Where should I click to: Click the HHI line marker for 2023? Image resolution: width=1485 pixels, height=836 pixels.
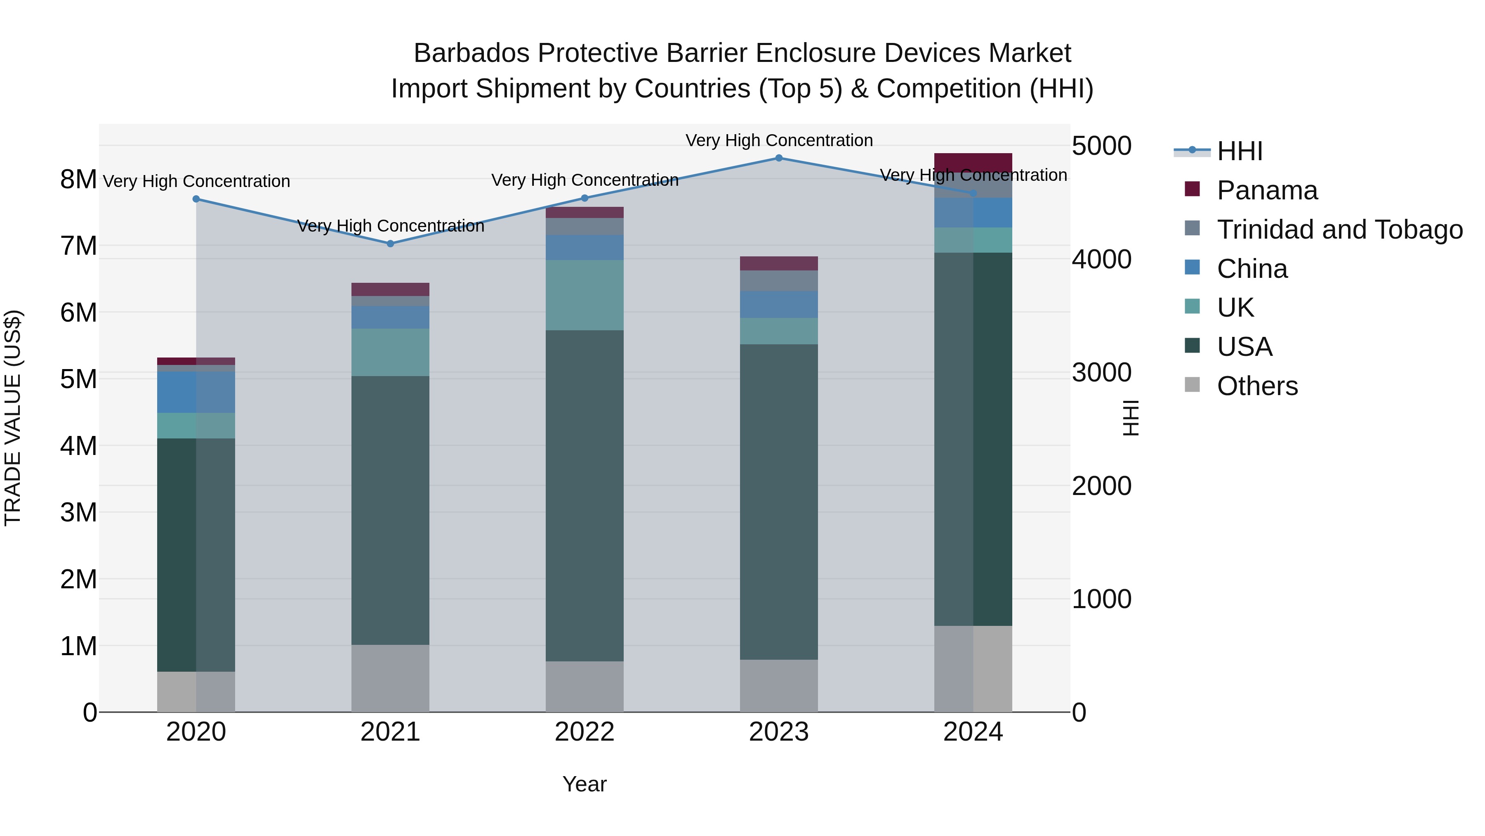(779, 158)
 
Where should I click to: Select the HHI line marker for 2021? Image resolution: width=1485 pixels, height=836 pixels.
(390, 244)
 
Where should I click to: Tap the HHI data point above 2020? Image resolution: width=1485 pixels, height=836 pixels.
(196, 199)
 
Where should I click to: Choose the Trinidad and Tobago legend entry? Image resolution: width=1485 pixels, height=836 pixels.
(1339, 230)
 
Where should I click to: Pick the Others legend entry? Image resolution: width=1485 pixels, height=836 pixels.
(1257, 386)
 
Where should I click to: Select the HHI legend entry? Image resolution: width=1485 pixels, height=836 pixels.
(1240, 151)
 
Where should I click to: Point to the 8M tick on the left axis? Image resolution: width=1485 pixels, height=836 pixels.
(78, 180)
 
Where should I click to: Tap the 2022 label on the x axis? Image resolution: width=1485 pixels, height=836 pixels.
(585, 732)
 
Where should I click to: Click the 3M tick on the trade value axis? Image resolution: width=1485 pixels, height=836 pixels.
(78, 512)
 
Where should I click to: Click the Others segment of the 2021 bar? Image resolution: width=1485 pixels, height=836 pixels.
(390, 678)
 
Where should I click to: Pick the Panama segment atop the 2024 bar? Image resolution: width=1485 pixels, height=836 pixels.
(973, 163)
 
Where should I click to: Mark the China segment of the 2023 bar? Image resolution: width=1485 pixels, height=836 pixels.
(779, 305)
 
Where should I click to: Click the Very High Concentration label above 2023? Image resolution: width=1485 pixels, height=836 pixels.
(779, 140)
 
